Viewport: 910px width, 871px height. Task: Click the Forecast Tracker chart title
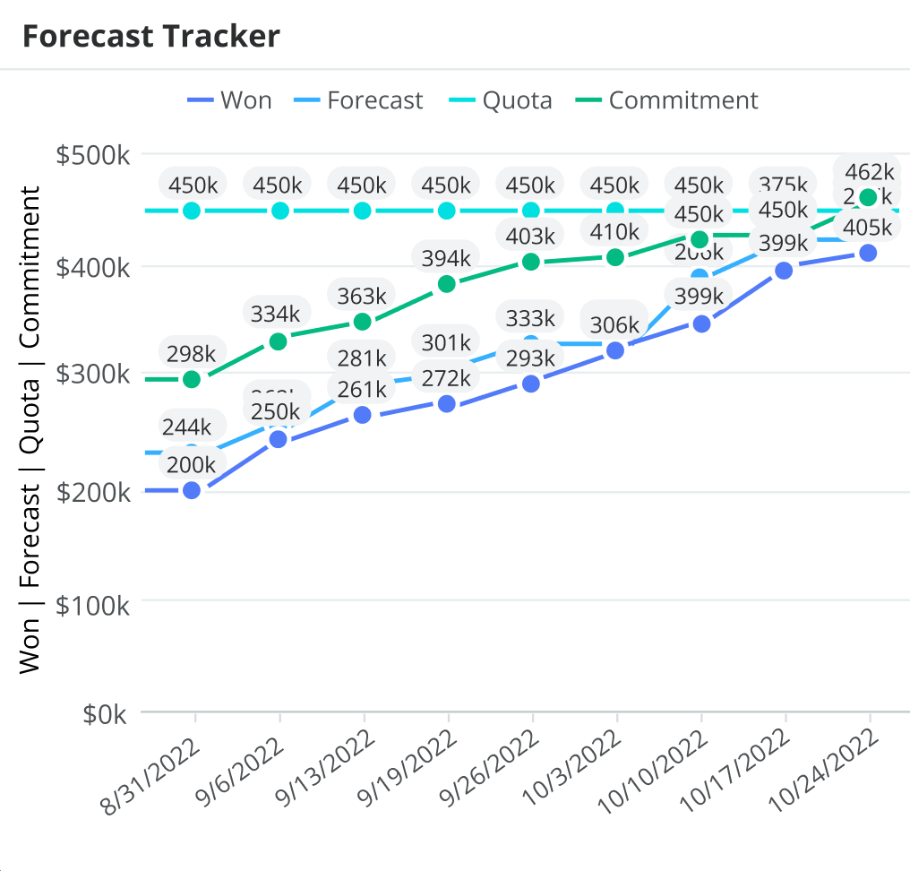pyautogui.click(x=150, y=36)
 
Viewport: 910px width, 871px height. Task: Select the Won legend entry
pyautogui.click(x=230, y=100)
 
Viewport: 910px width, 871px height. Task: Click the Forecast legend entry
pyautogui.click(x=359, y=100)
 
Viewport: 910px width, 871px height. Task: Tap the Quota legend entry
pyautogui.click(x=501, y=100)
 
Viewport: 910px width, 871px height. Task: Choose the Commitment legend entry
pyautogui.click(x=667, y=100)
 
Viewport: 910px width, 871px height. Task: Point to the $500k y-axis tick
pyautogui.click(x=93, y=155)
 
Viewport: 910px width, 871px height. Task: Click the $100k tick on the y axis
pyautogui.click(x=93, y=605)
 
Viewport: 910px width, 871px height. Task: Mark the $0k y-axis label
pyautogui.click(x=107, y=714)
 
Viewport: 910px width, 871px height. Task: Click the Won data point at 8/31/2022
pyautogui.click(x=191, y=490)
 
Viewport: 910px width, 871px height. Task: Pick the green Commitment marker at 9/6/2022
pyautogui.click(x=278, y=341)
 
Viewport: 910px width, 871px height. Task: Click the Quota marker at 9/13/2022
pyautogui.click(x=363, y=211)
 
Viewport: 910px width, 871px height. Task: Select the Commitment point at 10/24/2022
pyautogui.click(x=868, y=197)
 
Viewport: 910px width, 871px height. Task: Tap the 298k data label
pyautogui.click(x=192, y=351)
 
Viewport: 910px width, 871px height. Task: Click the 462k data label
pyautogui.click(x=868, y=171)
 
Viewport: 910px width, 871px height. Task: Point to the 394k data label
pyautogui.click(x=446, y=258)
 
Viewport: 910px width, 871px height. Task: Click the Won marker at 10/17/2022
pyautogui.click(x=784, y=271)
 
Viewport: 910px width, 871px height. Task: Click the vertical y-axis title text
pyautogui.click(x=30, y=430)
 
